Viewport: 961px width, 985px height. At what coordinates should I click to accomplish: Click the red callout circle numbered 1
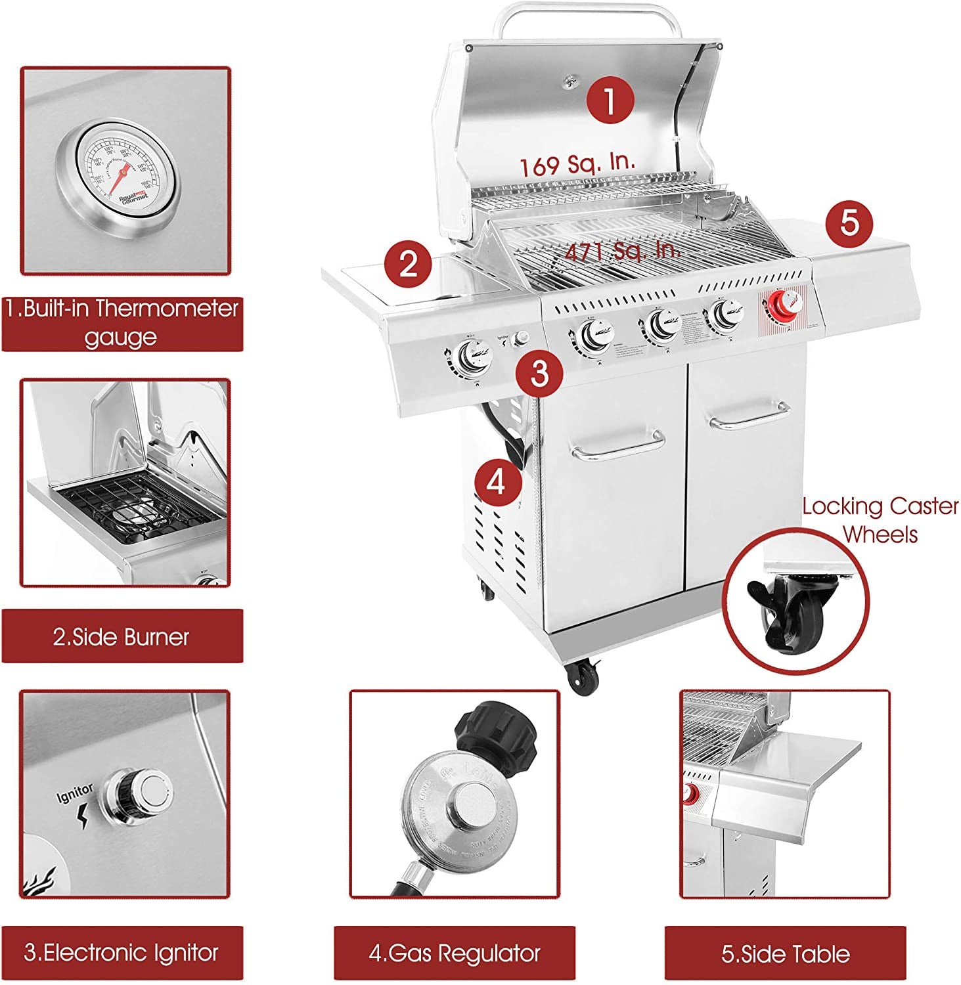point(610,100)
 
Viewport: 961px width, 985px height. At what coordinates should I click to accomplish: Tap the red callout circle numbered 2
point(409,265)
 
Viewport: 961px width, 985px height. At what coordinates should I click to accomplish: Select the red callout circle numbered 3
point(539,373)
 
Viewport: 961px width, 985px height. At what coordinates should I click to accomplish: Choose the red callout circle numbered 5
point(849,223)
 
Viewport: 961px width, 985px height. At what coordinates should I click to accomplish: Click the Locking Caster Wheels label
point(880,520)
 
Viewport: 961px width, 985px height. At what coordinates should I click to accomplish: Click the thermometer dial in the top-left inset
point(116,172)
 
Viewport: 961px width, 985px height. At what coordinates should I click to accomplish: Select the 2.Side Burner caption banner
point(122,636)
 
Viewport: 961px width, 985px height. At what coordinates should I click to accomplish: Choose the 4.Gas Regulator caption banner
point(455,953)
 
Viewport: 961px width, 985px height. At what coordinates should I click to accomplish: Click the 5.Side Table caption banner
point(785,953)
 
